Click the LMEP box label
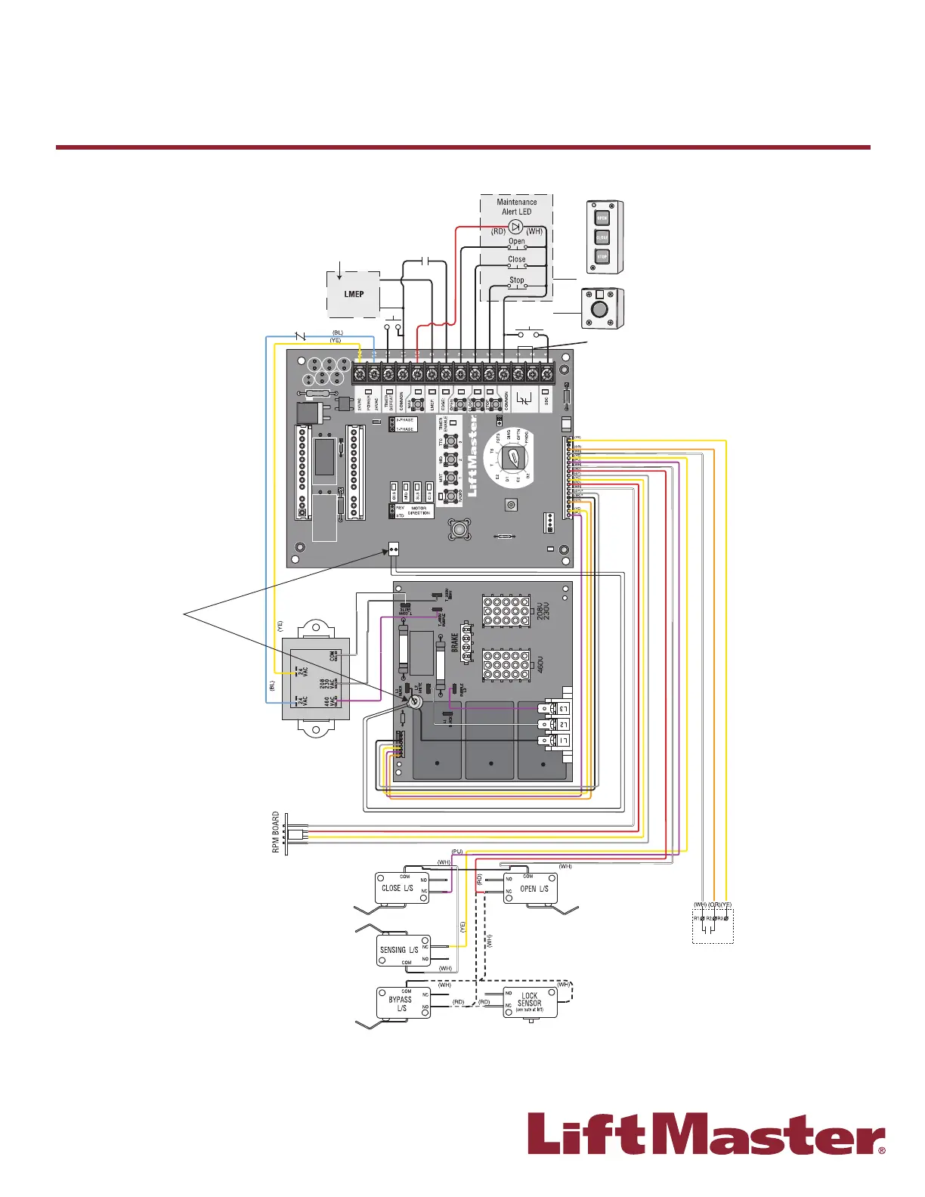pos(354,294)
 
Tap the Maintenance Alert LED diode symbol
pos(516,227)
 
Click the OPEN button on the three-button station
pos(602,218)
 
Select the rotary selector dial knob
pos(513,458)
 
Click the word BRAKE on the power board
pos(455,644)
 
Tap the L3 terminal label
pos(562,708)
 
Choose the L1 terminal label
pos(562,741)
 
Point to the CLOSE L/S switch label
pos(398,888)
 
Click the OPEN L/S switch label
pos(534,889)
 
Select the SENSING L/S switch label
pos(399,950)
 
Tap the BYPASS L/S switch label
pos(401,1004)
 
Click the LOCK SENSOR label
pos(530,1000)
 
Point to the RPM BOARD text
pos(276,833)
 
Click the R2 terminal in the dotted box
pos(711,918)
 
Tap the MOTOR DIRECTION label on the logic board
pos(419,511)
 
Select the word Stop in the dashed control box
pos(516,280)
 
